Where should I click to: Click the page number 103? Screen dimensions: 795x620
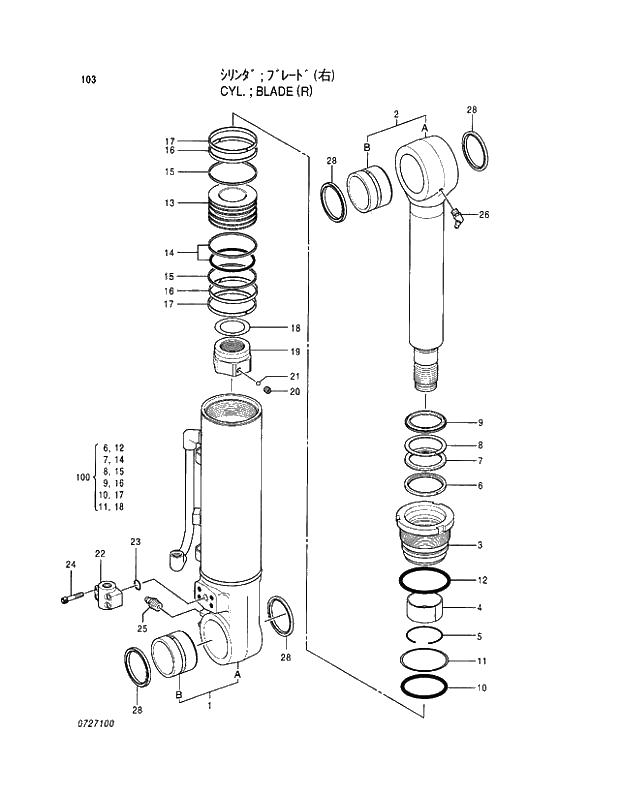[88, 79]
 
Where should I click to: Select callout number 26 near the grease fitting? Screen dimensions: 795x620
[483, 215]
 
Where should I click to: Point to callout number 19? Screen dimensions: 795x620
[295, 352]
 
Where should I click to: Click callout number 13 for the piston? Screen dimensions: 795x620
[170, 203]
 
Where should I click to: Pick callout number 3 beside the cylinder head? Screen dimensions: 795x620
[480, 545]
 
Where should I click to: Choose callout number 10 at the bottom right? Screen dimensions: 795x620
[482, 688]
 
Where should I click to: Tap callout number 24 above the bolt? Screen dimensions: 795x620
[70, 566]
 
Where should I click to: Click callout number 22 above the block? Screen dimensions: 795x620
[100, 553]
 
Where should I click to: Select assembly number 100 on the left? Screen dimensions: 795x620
[83, 478]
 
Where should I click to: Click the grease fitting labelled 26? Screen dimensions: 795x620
[457, 216]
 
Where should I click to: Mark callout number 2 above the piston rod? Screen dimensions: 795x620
[396, 116]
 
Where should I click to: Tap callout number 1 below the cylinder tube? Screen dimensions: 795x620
[209, 707]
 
